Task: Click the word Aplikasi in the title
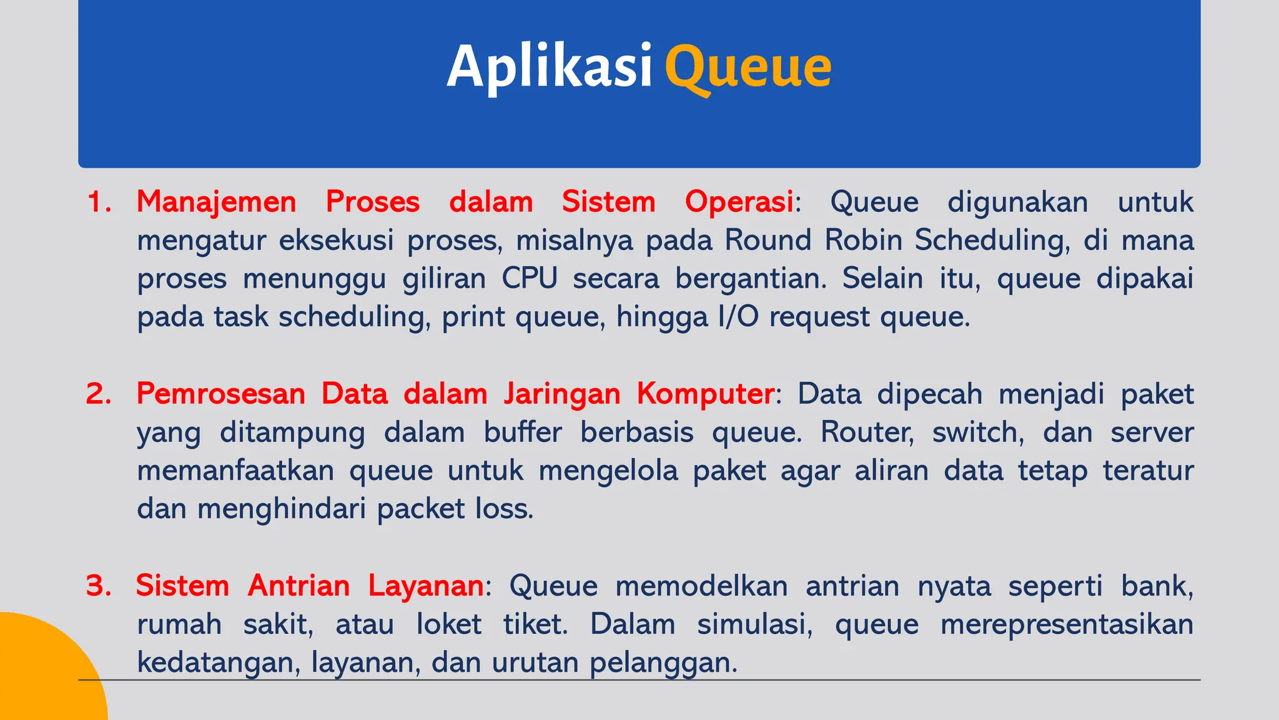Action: click(550, 66)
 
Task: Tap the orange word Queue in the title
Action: click(748, 67)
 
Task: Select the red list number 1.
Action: click(99, 202)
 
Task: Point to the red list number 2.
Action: click(99, 394)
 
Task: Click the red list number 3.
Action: click(99, 586)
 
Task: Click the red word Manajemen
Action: click(216, 202)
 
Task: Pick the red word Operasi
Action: click(739, 202)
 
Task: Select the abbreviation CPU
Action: click(530, 279)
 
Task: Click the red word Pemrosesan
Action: click(220, 394)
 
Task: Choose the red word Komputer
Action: click(705, 394)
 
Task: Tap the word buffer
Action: click(523, 432)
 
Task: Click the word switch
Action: click(978, 432)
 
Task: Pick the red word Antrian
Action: click(299, 586)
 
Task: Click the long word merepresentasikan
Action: click(1067, 624)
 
